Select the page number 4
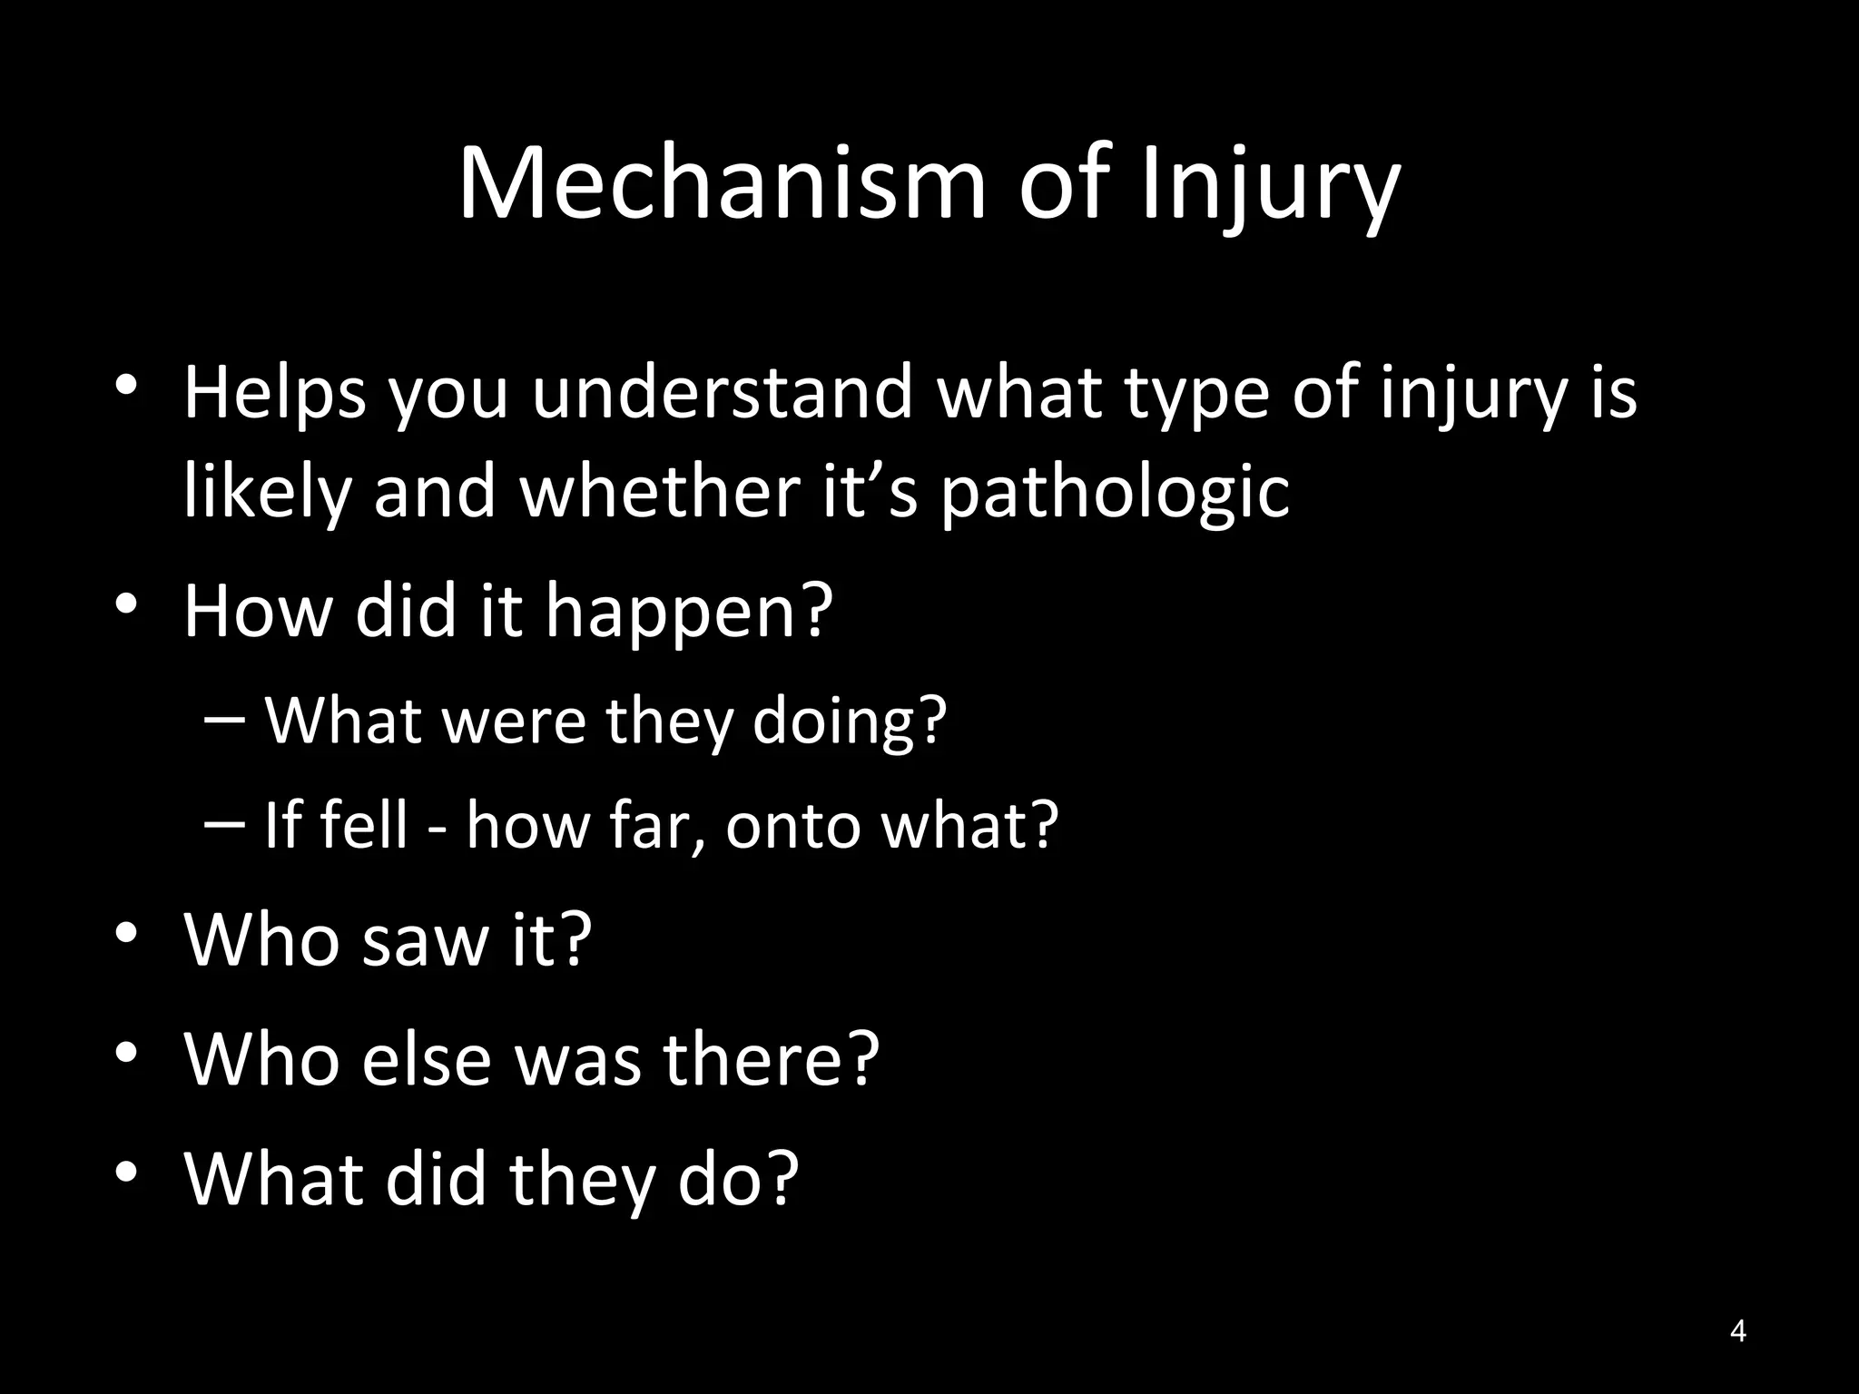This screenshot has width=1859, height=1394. click(1737, 1331)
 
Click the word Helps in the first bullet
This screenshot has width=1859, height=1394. click(274, 394)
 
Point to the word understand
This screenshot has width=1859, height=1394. click(722, 392)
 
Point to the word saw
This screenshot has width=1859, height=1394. click(425, 940)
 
